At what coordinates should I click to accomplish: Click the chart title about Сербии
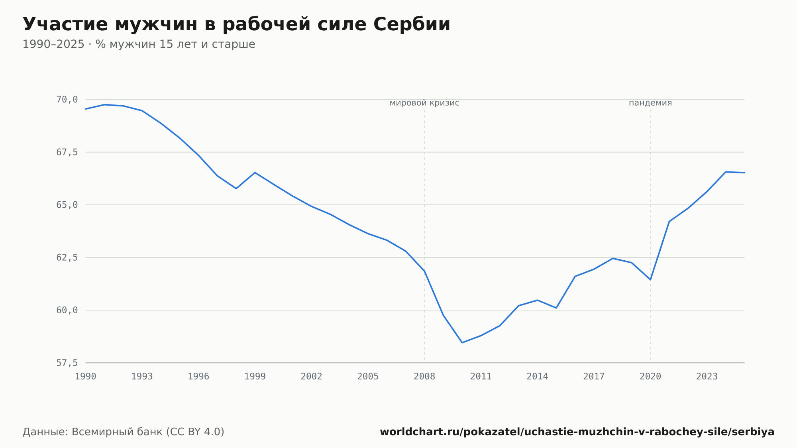[x=236, y=25]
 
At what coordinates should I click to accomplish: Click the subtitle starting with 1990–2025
[x=139, y=44]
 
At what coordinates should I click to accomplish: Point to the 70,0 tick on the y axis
[x=67, y=100]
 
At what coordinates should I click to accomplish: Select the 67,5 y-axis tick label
[x=67, y=152]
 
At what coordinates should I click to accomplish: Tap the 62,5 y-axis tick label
[x=67, y=257]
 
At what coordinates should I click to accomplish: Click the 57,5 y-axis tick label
[x=67, y=363]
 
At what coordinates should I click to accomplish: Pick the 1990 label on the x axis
[x=86, y=377]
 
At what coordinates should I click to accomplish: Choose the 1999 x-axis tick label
[x=255, y=377]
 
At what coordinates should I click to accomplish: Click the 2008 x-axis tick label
[x=424, y=377]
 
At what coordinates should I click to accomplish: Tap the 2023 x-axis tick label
[x=707, y=377]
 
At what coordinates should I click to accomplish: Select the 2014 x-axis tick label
[x=538, y=377]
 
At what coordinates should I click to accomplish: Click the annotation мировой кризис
[x=424, y=103]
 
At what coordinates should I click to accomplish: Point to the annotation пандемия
[x=650, y=103]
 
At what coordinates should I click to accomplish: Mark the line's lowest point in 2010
[x=462, y=342]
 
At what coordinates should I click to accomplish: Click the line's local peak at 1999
[x=255, y=173]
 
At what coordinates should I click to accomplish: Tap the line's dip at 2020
[x=650, y=279]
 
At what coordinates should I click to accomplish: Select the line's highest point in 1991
[x=104, y=105]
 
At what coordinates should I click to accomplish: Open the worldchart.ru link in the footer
[x=577, y=432]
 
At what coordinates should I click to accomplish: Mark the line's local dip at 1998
[x=236, y=189]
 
